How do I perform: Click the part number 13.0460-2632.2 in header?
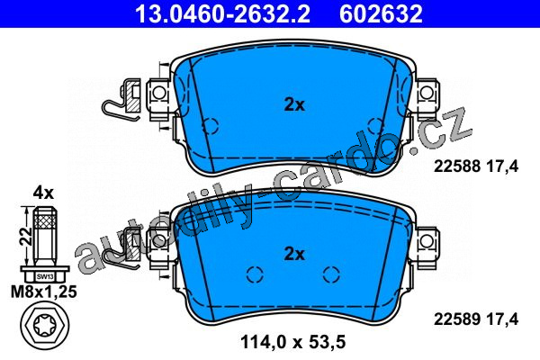(223, 13)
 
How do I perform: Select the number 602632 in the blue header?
(381, 13)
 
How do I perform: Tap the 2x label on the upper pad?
(294, 104)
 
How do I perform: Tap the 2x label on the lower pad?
(294, 254)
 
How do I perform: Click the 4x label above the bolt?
(43, 193)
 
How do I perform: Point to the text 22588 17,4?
(475, 166)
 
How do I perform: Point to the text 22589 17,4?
(475, 319)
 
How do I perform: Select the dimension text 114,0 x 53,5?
(292, 342)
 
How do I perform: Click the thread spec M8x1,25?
(44, 292)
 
